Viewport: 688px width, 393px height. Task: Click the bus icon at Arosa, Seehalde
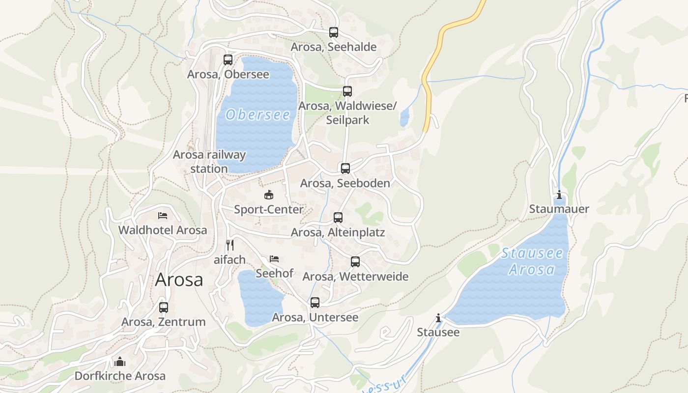coord(334,33)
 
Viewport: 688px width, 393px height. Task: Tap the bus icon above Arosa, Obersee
coord(228,60)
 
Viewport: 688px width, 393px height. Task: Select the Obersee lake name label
coord(258,115)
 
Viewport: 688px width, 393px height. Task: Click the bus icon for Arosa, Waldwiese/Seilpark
coord(347,91)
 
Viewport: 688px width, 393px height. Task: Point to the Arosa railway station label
coord(209,162)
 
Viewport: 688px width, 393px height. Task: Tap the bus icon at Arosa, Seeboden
coord(345,168)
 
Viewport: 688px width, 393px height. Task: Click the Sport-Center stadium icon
coord(268,195)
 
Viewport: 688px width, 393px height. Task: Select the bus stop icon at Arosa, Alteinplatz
coord(338,218)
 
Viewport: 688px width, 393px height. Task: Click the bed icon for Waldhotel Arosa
coord(163,215)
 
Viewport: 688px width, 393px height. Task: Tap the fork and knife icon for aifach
coord(230,245)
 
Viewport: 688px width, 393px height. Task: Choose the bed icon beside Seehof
coord(274,258)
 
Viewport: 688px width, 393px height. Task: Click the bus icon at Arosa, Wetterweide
coord(355,262)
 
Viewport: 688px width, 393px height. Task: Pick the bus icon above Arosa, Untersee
coord(315,303)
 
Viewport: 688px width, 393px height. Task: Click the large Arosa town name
coord(179,280)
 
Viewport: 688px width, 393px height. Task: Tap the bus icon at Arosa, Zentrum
coord(164,308)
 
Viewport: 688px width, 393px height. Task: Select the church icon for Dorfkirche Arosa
coord(120,362)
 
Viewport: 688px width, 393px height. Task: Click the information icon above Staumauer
coord(559,195)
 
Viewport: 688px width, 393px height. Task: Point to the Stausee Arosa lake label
coord(532,261)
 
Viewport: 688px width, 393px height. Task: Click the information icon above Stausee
coord(438,318)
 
